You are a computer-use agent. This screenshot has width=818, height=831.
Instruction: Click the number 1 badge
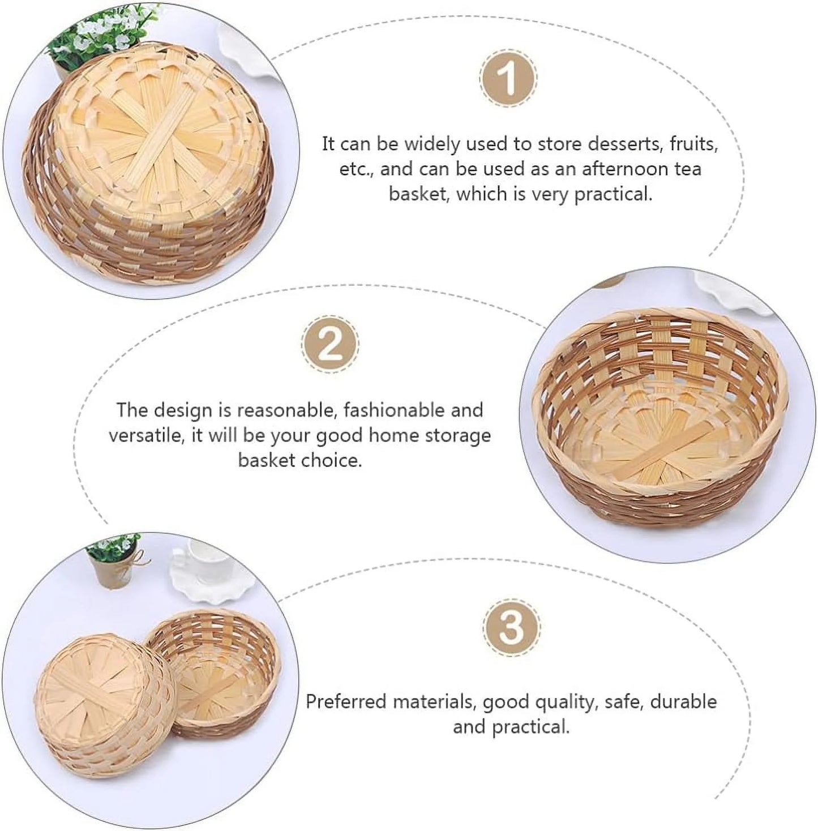[508, 79]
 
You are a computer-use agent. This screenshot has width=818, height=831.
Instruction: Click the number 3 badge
[511, 628]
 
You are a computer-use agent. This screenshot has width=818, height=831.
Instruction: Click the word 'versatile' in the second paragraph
[145, 435]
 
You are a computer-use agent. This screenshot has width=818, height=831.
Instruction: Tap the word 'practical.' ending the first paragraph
[613, 194]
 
